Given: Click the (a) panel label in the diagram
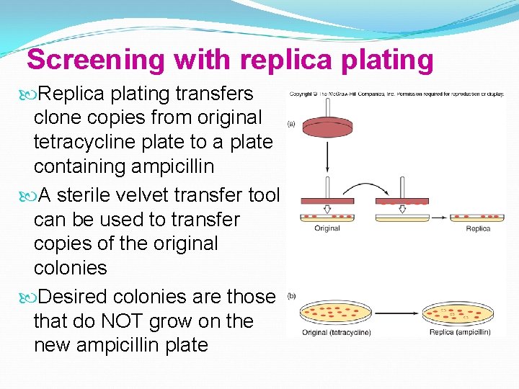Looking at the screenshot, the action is pos(291,124).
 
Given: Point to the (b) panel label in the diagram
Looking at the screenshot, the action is pos(291,295).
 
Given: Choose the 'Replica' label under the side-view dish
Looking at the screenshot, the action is pos(477,228).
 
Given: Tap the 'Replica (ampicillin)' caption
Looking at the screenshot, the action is pos(460,332).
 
